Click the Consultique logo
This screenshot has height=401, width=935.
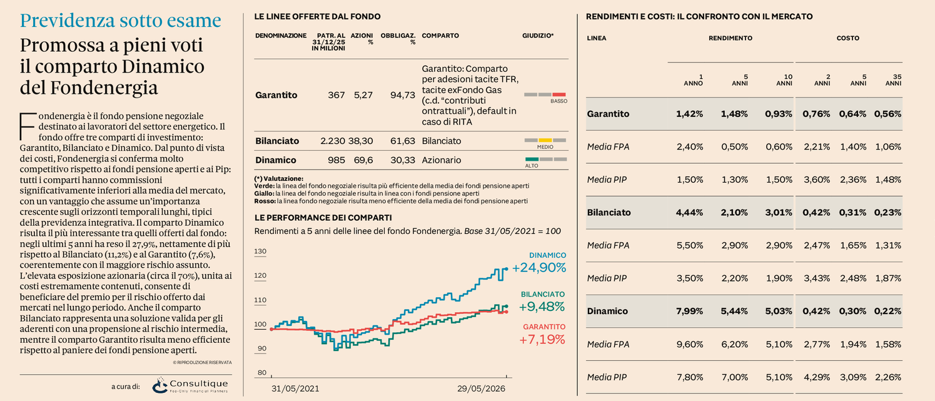[x=190, y=385]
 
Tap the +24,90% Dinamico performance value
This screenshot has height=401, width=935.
[x=539, y=268]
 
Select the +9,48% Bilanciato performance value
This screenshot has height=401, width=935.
[x=542, y=307]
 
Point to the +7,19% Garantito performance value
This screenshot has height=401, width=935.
[x=542, y=340]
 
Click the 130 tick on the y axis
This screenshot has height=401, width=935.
[x=260, y=251]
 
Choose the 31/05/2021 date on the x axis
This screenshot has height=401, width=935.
[x=295, y=389]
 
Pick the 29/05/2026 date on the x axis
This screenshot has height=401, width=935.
[x=481, y=389]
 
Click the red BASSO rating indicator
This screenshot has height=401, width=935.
[x=559, y=95]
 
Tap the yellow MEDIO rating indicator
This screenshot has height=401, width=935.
[x=545, y=140]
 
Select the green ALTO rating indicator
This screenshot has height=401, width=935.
[x=532, y=159]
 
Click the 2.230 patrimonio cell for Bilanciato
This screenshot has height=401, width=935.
[x=333, y=141]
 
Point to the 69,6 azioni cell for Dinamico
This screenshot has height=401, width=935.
[x=363, y=160]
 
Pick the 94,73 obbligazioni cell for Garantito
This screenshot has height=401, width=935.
[x=403, y=95]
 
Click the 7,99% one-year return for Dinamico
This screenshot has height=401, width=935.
[x=690, y=311]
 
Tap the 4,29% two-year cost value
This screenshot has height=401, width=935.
[x=817, y=377]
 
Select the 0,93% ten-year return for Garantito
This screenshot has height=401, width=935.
[x=779, y=114]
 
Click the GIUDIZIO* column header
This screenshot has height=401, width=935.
[x=538, y=36]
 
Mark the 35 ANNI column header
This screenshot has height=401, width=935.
[x=893, y=80]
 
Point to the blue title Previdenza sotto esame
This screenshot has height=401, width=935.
[x=121, y=21]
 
